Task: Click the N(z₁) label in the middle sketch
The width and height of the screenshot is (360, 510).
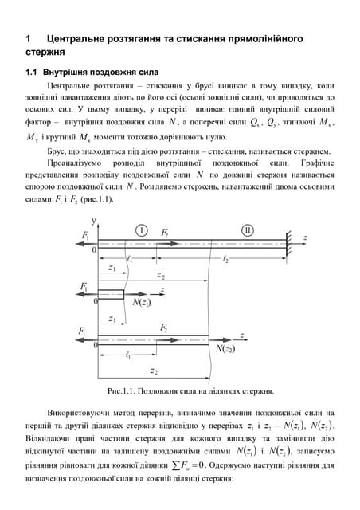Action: tap(143, 303)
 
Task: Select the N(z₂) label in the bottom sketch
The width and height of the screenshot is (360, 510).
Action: tap(225, 348)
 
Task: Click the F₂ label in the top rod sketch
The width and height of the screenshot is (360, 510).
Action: tap(166, 233)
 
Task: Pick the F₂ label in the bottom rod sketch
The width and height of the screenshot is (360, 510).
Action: tap(164, 328)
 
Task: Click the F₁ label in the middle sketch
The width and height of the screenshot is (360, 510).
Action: tap(85, 286)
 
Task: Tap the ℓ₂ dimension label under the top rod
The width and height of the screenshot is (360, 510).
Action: tap(226, 259)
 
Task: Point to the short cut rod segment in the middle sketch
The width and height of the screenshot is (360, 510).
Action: tap(111, 294)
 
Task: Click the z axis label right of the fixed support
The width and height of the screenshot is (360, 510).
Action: tap(305, 237)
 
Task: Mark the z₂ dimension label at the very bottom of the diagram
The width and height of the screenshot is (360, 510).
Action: tap(154, 371)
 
